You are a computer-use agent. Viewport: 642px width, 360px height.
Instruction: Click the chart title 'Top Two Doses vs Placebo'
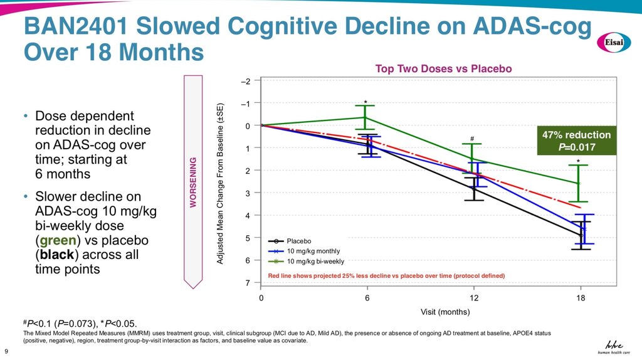coord(444,69)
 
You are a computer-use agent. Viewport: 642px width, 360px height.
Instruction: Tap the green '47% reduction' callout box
coord(576,141)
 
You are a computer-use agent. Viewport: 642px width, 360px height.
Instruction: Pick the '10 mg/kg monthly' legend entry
coord(313,251)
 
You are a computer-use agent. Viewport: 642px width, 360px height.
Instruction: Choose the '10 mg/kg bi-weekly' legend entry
coord(315,261)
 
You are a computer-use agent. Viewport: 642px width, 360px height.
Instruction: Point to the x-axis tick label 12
coord(474,298)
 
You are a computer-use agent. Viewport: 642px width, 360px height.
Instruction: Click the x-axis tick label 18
coord(581,298)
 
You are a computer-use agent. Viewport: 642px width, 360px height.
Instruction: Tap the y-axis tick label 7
coord(248,283)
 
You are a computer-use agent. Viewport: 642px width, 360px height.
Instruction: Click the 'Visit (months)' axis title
coord(445,311)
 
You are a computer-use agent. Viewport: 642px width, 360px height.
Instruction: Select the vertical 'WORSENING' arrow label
coord(193,183)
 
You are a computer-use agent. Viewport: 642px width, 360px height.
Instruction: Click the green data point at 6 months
coord(367,118)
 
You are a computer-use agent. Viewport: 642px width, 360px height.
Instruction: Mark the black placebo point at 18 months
coord(581,235)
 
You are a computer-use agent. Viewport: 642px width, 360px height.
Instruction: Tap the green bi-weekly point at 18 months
coord(578,183)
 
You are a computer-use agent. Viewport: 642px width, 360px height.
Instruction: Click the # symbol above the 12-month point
coord(471,139)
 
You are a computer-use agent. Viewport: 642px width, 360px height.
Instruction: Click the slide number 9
coord(6,350)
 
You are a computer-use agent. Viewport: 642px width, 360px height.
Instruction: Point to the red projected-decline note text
coord(386,275)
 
